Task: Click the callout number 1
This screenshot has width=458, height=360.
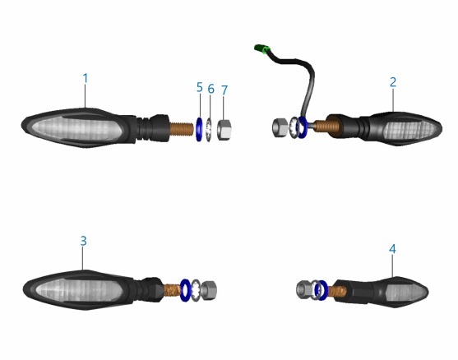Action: coord(85,78)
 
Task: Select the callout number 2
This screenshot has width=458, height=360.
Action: coord(393,82)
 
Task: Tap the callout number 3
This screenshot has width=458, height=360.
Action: coord(84,241)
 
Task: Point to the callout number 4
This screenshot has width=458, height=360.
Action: coord(392,249)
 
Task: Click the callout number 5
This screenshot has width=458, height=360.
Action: coord(200,87)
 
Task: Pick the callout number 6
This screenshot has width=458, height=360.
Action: coord(210,89)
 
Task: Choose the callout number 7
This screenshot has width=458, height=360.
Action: coord(224,90)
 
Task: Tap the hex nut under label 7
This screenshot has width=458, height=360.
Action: coord(224,129)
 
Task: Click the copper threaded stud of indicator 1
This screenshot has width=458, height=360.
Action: coord(182,129)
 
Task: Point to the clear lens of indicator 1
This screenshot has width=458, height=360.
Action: coord(76,128)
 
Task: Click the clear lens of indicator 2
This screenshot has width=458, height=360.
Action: coord(409,130)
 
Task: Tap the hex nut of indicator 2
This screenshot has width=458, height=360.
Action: coord(280,127)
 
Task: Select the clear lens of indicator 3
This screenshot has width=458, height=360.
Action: coord(79,290)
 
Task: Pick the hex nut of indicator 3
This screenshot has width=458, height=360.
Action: coord(209,289)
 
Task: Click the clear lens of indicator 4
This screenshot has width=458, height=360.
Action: coord(405,292)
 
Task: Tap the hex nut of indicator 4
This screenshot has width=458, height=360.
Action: coord(303,289)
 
